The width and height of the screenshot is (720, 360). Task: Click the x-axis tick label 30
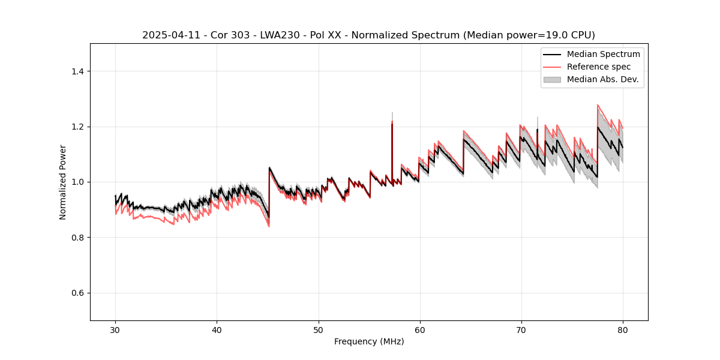[115, 330]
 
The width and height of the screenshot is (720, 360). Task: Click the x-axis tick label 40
[217, 330]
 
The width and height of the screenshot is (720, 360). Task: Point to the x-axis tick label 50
[318, 330]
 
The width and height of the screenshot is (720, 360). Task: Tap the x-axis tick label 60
[419, 330]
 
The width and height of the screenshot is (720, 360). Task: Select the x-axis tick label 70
[521, 330]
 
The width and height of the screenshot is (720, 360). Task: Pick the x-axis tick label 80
[622, 330]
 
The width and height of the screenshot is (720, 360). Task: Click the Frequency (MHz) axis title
[369, 341]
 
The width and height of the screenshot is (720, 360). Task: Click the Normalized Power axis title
[63, 182]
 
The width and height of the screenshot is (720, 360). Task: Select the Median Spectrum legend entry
[603, 54]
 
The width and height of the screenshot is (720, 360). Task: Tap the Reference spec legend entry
[599, 67]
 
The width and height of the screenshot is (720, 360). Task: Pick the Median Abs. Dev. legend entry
[602, 79]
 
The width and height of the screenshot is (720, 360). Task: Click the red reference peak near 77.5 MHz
[598, 105]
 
